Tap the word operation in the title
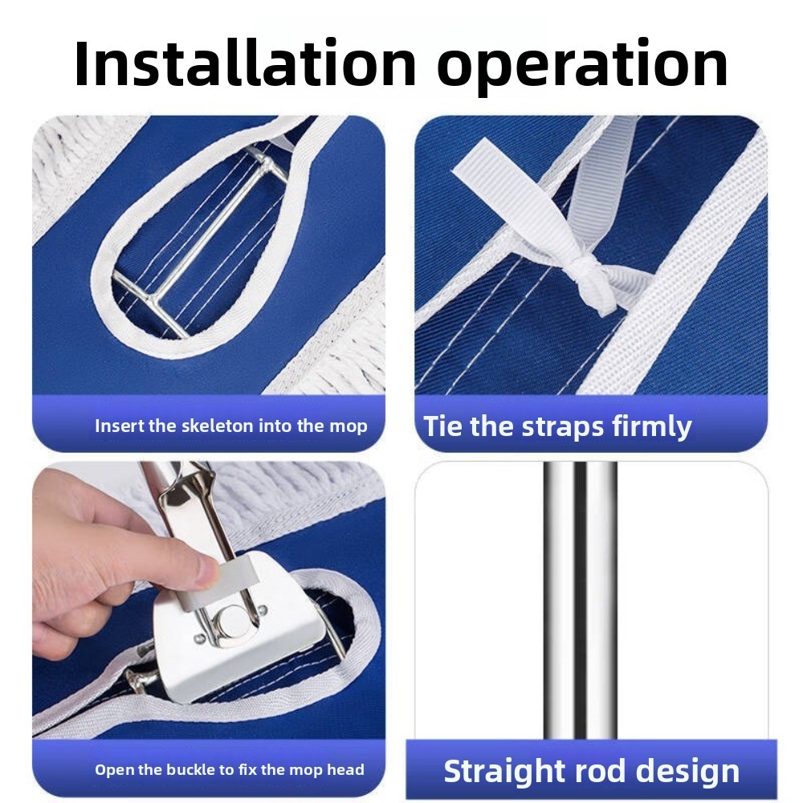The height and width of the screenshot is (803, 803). (x=582, y=67)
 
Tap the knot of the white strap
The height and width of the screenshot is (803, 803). (x=589, y=272)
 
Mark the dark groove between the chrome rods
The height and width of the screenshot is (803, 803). (x=581, y=600)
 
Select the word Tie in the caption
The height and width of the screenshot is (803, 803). (x=442, y=426)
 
